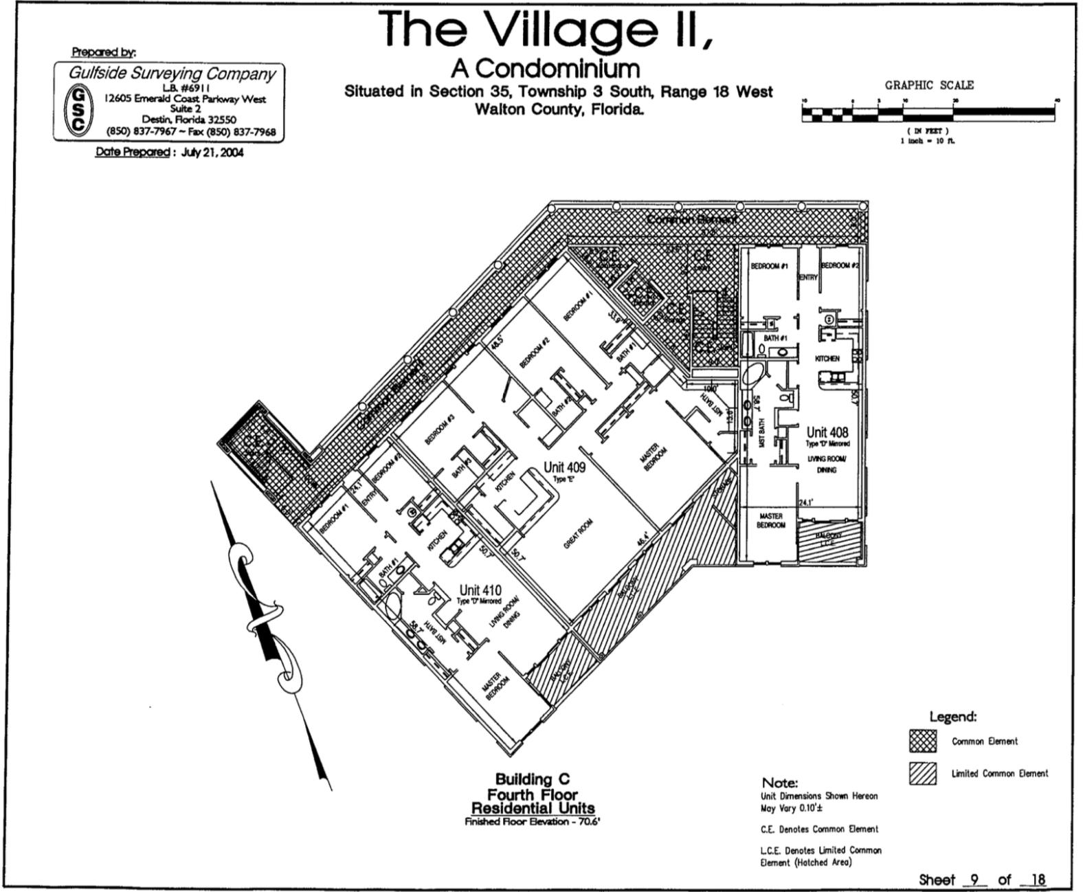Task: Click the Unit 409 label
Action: coord(564,467)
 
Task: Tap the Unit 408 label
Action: coord(827,432)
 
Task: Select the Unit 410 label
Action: coord(480,590)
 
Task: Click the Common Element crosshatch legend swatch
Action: coord(922,742)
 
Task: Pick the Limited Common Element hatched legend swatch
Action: coord(922,774)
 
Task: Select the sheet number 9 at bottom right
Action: coord(974,879)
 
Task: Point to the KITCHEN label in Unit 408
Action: coord(827,359)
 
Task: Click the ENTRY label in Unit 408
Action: coord(808,277)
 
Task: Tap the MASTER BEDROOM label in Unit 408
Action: coord(770,520)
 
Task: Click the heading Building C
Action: coord(533,779)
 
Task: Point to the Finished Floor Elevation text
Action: coord(533,822)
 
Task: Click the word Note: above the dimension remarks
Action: coord(779,783)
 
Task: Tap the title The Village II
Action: coord(546,29)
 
